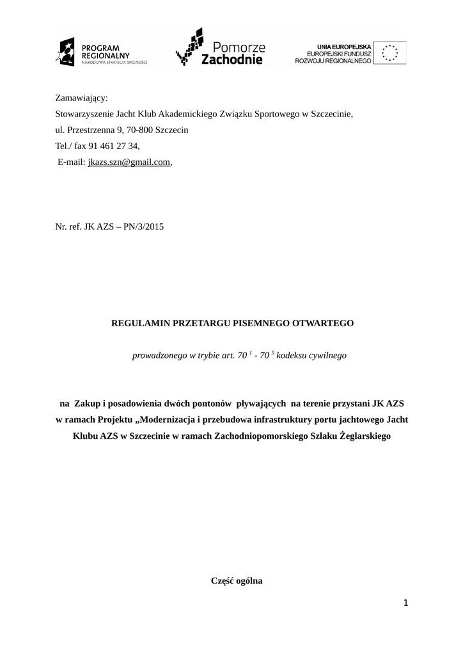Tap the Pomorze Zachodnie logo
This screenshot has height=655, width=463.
click(x=221, y=49)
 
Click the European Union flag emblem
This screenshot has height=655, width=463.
click(x=389, y=52)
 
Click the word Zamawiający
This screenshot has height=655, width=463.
click(x=82, y=98)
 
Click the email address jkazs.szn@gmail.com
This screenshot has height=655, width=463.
click(x=129, y=162)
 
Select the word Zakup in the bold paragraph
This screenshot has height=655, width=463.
click(x=87, y=404)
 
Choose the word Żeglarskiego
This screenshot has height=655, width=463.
click(x=364, y=436)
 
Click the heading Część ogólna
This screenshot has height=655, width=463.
click(x=237, y=581)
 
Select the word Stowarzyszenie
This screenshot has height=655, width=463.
click(x=88, y=114)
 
